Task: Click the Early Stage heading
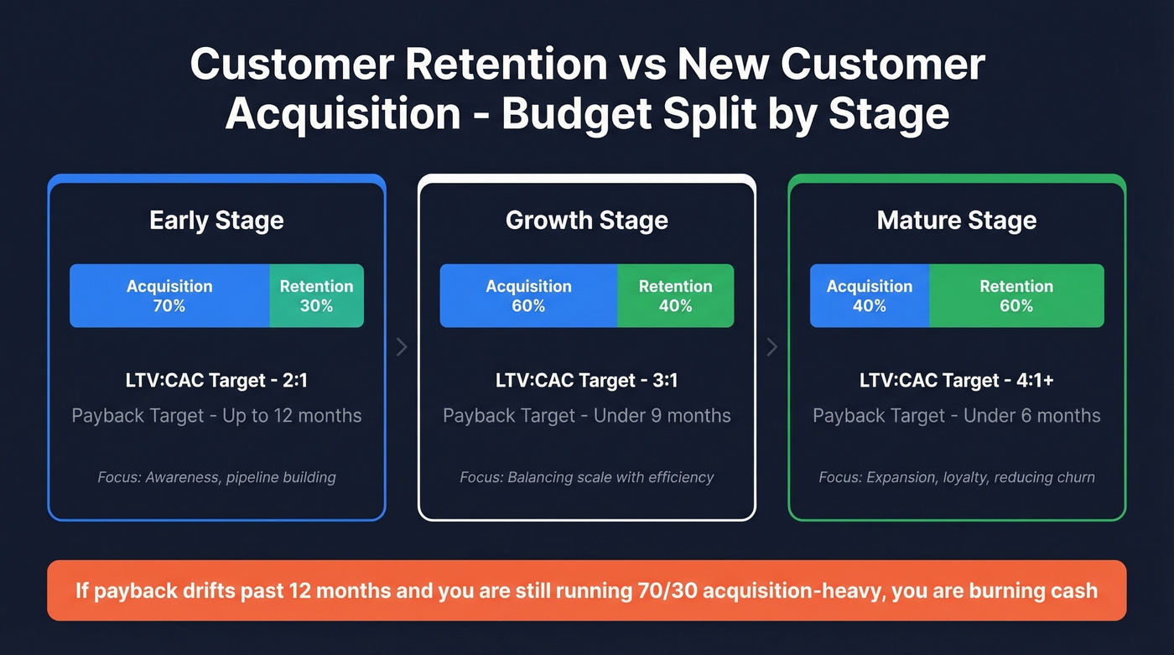(216, 221)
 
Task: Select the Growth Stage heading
(587, 221)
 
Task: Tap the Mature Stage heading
(957, 221)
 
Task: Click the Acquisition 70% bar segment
(169, 296)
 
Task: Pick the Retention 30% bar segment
(316, 296)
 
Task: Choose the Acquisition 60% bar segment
(528, 296)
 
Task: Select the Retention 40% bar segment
(675, 296)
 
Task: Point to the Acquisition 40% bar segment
(869, 296)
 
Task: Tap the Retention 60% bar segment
(1016, 296)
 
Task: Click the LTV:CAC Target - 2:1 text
(216, 381)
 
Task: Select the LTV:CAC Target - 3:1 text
(587, 381)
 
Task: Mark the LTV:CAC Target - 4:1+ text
(957, 381)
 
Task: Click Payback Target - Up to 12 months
(216, 416)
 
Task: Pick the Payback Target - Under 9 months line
(587, 416)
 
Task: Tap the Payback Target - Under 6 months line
(957, 416)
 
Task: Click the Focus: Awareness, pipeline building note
(216, 477)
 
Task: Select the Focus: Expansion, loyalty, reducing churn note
(957, 477)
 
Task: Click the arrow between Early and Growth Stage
(402, 346)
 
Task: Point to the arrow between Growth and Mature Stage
(772, 346)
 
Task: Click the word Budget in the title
(576, 114)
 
